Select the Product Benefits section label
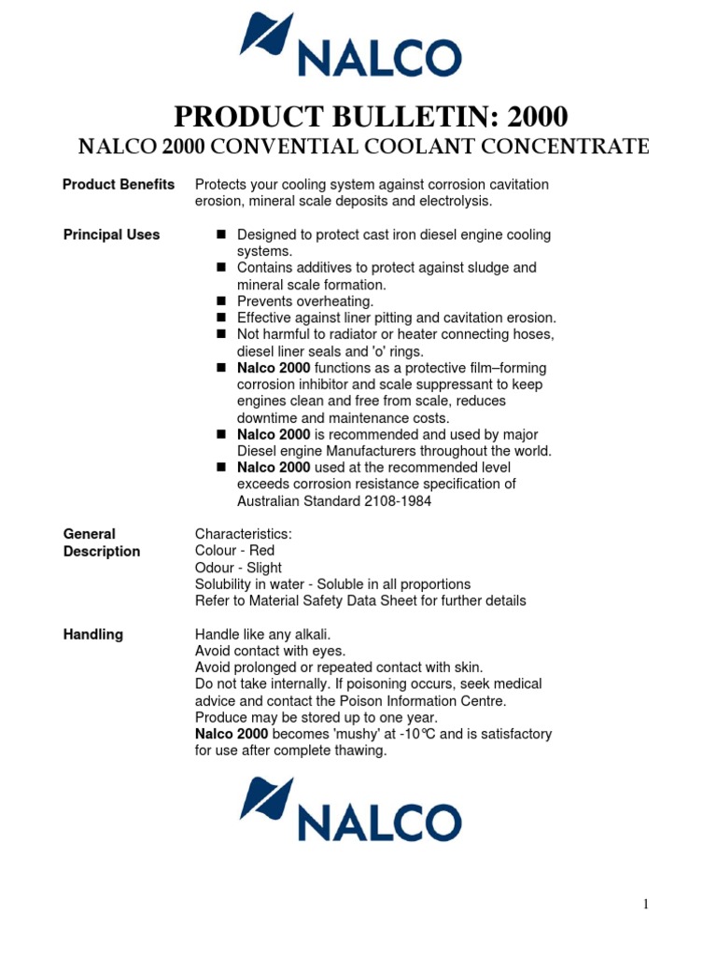(x=118, y=185)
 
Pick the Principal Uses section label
(x=111, y=234)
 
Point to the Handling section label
(x=92, y=635)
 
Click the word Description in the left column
(x=101, y=552)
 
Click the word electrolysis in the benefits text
(x=451, y=202)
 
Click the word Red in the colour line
(x=261, y=551)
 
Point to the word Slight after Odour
(x=264, y=568)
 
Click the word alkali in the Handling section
(x=312, y=635)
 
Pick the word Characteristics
(x=243, y=534)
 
